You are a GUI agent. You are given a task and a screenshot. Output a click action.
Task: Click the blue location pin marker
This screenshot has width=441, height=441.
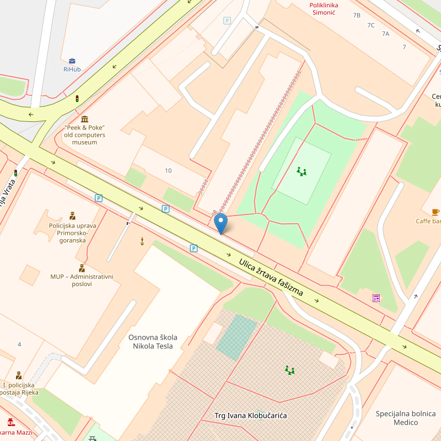coord(220,223)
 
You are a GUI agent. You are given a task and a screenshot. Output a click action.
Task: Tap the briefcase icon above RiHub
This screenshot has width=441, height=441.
coord(72,61)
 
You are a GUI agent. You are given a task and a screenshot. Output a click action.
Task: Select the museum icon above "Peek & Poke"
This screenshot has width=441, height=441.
coord(84,119)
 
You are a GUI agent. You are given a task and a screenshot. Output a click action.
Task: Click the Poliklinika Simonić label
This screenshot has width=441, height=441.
coord(324,9)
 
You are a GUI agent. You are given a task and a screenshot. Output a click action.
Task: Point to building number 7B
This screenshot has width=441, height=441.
coord(357,15)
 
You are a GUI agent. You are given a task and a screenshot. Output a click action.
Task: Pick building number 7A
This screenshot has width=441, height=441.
coord(385,34)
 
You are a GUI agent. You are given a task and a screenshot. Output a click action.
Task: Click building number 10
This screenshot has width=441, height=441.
coord(168,170)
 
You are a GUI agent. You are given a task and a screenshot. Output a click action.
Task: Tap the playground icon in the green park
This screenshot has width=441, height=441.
coord(302,171)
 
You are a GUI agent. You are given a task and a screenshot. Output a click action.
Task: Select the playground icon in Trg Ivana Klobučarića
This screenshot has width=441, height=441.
coord(289,369)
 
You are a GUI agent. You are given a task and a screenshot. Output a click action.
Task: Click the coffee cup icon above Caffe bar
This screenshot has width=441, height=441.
coord(435,212)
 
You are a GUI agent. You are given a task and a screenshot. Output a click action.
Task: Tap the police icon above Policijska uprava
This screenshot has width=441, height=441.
coord(72,216)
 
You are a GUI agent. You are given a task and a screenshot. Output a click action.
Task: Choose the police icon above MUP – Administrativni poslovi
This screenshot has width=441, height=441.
coord(82,268)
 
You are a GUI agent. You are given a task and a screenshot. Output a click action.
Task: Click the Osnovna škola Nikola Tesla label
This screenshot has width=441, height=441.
coord(150,342)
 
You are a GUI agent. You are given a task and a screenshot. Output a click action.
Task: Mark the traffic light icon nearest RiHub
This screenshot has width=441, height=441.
coord(77,99)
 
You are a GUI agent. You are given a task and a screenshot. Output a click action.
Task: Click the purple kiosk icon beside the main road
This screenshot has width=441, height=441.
coord(376,298)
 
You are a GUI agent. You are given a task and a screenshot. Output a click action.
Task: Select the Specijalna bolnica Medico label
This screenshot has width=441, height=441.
coord(406,418)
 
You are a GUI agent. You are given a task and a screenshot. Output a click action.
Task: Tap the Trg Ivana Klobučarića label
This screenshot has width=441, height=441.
coord(250,415)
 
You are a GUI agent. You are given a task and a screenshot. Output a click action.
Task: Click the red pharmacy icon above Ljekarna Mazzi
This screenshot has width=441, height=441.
coord(11,422)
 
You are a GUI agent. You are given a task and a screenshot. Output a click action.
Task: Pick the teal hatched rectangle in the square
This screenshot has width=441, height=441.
coord(236,336)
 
